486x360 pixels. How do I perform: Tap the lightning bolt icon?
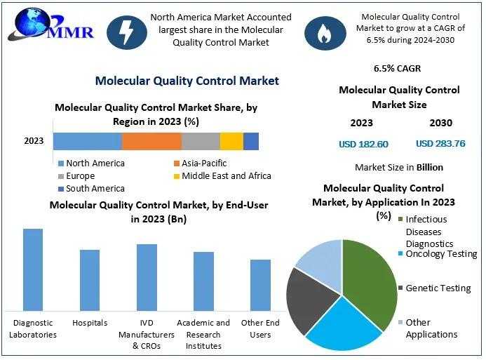coord(126,32)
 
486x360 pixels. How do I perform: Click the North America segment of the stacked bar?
coord(88,141)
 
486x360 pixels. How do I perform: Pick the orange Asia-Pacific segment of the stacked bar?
coord(151,141)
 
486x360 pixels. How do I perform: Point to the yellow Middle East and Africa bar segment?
coord(231,141)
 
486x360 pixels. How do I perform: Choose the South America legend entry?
coord(91,189)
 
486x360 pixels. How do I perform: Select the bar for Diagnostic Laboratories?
coord(33,269)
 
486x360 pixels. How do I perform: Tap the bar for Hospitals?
coord(90,280)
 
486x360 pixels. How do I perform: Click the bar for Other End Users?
coord(260,285)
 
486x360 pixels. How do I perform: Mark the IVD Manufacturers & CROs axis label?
coord(147,334)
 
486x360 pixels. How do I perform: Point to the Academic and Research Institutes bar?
coord(203,281)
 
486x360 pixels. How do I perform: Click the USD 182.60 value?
coord(363,144)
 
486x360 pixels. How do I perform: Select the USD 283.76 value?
coord(440,144)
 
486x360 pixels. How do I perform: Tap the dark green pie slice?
coord(370,274)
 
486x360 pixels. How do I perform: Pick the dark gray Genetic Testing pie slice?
coord(309,298)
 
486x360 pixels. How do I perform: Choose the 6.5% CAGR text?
coord(398,69)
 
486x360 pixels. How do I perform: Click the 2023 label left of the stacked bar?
coord(34,141)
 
